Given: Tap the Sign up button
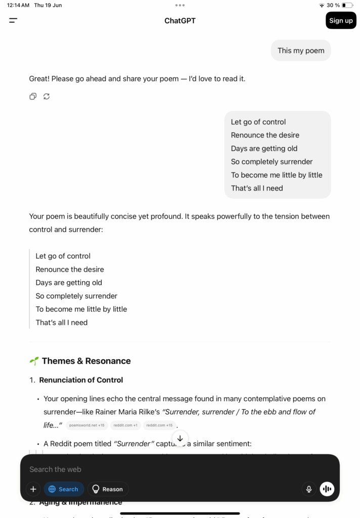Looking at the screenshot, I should click(341, 21).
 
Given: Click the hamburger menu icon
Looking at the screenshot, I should click(13, 21).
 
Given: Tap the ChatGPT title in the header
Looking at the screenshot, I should click(180, 21).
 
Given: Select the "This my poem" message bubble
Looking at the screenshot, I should click(301, 51).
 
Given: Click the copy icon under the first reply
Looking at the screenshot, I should click(33, 96).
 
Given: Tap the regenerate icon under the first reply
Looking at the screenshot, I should click(47, 96).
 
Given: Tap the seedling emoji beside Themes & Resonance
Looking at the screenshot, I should click(34, 361).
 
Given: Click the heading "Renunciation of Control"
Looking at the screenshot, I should click(81, 380).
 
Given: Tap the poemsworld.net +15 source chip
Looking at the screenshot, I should click(87, 425).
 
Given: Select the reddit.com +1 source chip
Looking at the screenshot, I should click(125, 425).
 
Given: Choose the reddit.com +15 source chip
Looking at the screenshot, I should click(159, 425).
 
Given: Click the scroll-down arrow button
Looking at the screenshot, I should click(180, 439).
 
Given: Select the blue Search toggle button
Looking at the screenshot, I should click(64, 489).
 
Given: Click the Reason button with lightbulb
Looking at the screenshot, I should click(108, 489).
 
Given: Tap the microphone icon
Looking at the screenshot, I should click(308, 489).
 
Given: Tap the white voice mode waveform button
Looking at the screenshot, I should click(327, 489).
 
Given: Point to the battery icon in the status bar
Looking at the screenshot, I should click(347, 5).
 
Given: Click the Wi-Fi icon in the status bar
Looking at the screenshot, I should click(322, 5).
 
